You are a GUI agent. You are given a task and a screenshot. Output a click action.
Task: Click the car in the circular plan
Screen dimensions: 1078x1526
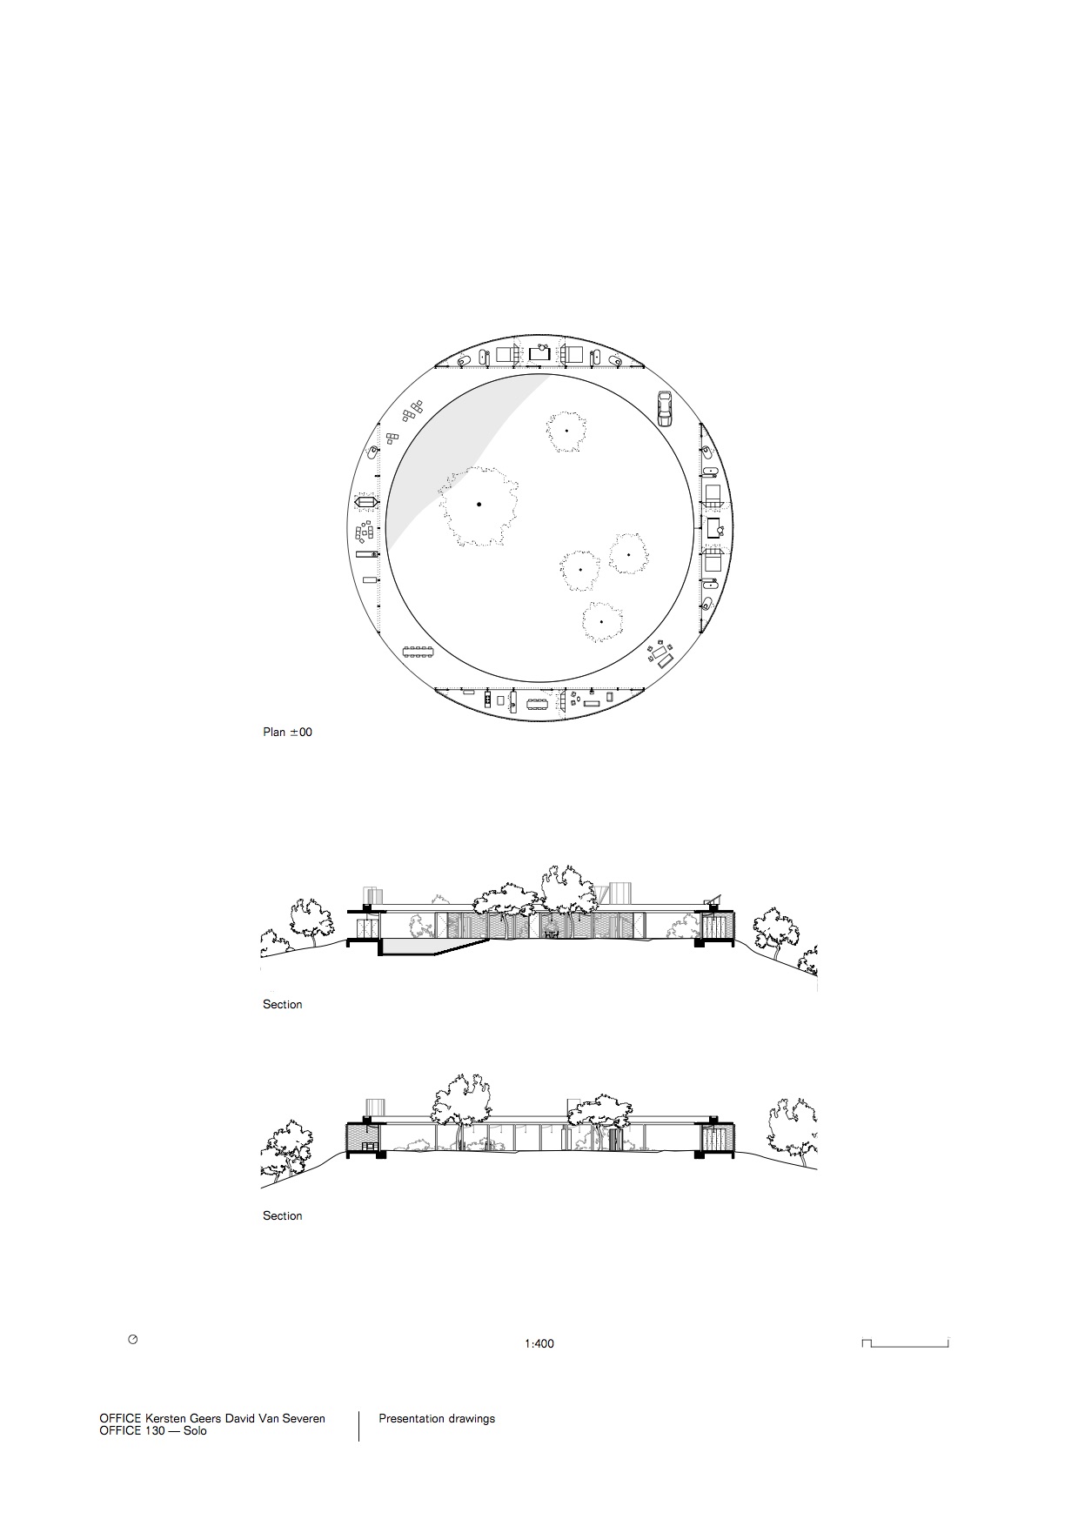[x=665, y=408]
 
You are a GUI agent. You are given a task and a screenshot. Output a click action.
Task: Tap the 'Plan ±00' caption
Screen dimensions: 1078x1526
[x=287, y=733]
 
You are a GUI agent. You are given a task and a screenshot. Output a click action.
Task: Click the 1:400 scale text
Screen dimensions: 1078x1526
[x=539, y=1343]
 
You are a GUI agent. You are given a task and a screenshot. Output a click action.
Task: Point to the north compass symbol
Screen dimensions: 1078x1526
[x=133, y=1340]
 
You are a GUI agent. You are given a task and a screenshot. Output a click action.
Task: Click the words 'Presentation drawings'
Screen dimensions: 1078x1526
[x=437, y=1419]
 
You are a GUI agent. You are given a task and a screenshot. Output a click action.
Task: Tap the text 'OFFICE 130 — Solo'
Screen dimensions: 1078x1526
[x=153, y=1430]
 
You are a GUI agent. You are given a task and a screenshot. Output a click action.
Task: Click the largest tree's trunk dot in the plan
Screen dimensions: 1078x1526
[x=479, y=505]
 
